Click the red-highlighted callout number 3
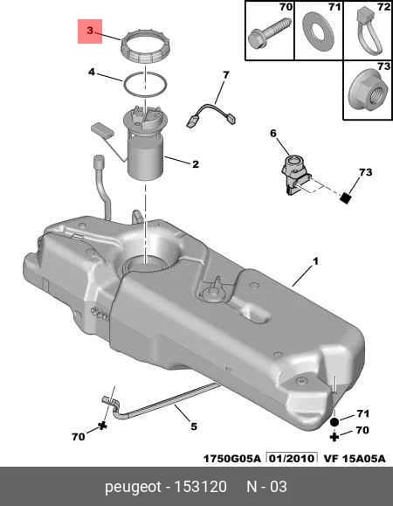click(x=90, y=31)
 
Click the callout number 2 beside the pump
click(x=196, y=164)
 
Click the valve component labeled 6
click(x=295, y=175)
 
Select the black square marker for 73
click(x=346, y=198)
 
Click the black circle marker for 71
click(x=334, y=422)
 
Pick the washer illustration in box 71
click(x=318, y=31)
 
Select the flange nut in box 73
click(x=369, y=93)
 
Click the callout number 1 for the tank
click(x=315, y=261)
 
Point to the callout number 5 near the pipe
click(x=193, y=426)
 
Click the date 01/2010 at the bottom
click(x=291, y=458)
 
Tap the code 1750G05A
click(x=231, y=459)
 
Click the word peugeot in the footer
click(x=133, y=487)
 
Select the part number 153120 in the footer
click(x=201, y=486)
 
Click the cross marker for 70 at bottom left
click(x=103, y=426)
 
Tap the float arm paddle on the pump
click(x=102, y=129)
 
